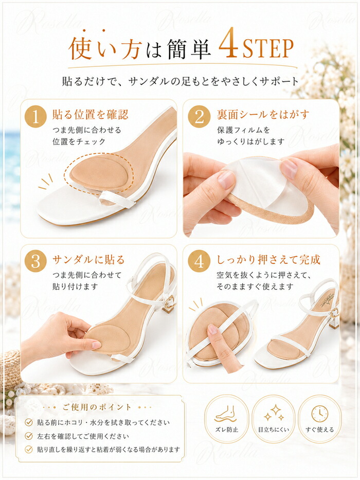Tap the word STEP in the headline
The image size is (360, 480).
[x=267, y=48]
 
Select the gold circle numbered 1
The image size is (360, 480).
[x=35, y=117]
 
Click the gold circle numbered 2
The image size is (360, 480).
[x=199, y=117]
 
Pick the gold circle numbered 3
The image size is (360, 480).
[x=35, y=261]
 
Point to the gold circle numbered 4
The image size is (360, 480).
[x=199, y=261]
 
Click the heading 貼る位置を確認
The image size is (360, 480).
[x=91, y=114]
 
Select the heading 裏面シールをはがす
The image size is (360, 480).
[x=263, y=114]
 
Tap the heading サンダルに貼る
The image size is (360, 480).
[x=88, y=260]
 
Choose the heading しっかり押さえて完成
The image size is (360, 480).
[x=268, y=260]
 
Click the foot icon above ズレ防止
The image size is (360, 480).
[x=226, y=414]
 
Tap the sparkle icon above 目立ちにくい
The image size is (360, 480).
[x=274, y=413]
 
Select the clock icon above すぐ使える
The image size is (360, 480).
[x=319, y=414]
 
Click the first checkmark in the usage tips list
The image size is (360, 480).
[x=29, y=422]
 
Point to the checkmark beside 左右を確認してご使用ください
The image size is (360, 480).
[x=29, y=436]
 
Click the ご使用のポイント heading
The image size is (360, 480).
[x=97, y=407]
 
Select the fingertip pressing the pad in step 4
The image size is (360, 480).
[x=212, y=329]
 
